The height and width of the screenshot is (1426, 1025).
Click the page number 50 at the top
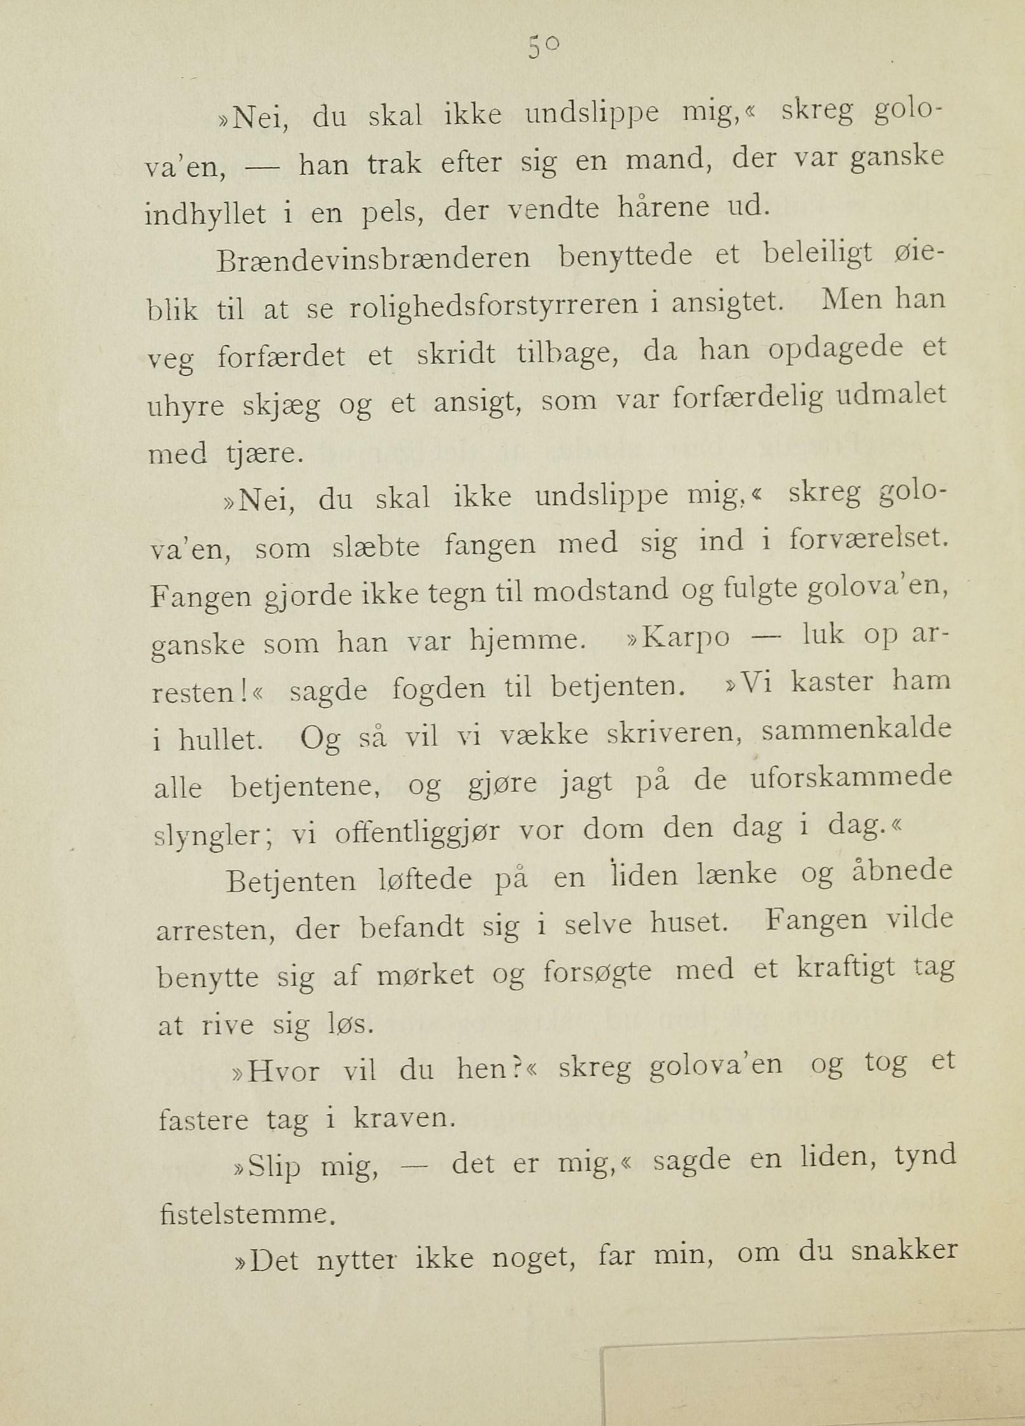pos(544,48)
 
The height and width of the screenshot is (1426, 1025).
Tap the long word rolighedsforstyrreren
pos(493,305)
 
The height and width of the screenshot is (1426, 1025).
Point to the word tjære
pos(260,453)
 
